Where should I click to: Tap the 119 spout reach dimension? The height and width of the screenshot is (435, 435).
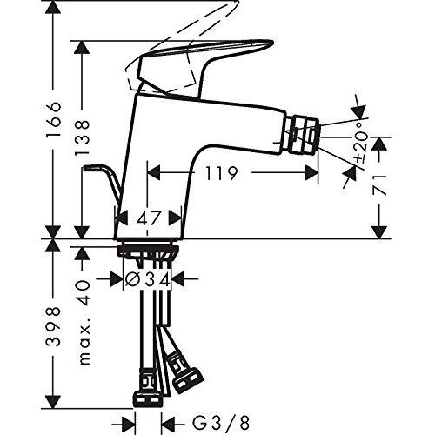pyautogui.click(x=221, y=173)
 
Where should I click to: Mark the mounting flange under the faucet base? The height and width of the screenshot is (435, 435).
pyautogui.click(x=147, y=251)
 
